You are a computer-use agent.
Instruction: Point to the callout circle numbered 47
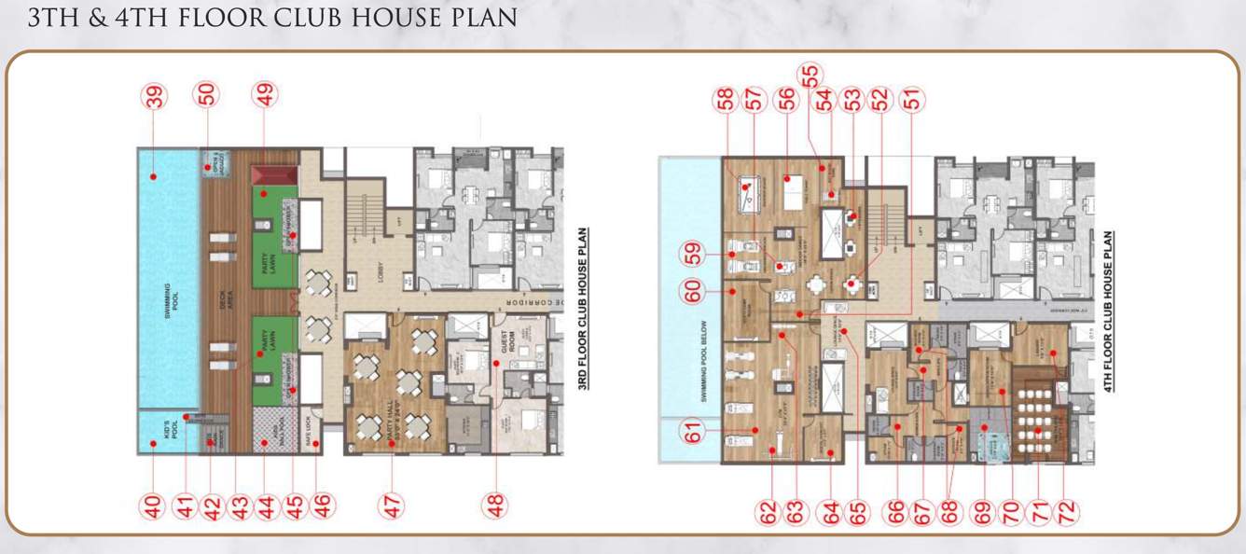pos(393,506)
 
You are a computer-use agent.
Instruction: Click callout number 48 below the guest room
pos(496,506)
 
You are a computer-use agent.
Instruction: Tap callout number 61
pos(694,434)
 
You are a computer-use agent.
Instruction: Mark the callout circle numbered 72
pos(1068,511)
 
